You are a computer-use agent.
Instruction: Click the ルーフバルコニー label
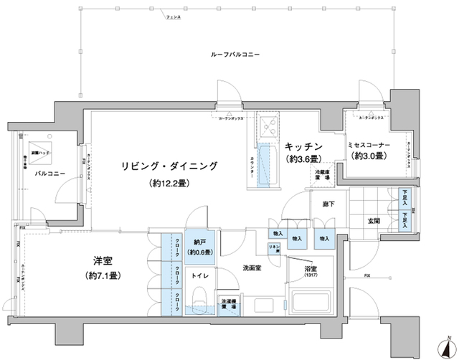[x=235, y=55]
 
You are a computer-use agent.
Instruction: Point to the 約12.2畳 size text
[x=170, y=184]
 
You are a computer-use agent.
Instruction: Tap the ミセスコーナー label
[x=369, y=145]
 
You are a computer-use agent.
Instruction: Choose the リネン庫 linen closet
[x=273, y=248]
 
